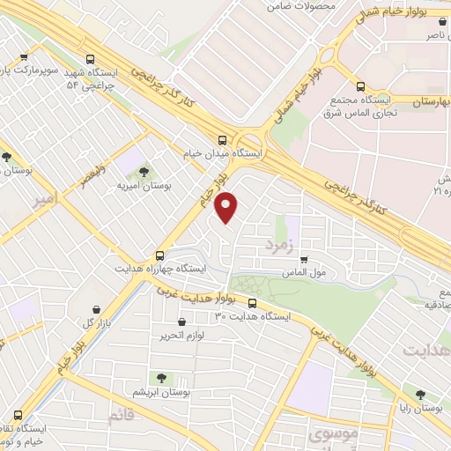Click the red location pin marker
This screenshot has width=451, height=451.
click(227, 206)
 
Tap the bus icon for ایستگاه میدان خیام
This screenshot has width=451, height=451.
click(221, 139)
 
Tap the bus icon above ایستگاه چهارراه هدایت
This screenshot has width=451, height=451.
click(159, 253)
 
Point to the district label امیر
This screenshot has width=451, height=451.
click(50, 202)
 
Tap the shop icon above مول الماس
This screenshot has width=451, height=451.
click(304, 260)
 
